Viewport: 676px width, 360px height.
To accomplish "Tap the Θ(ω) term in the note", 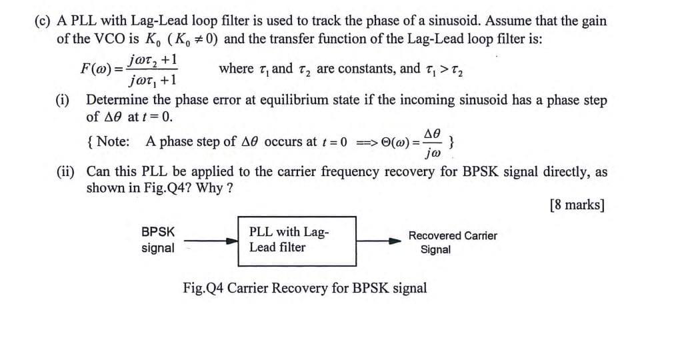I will [x=397, y=143].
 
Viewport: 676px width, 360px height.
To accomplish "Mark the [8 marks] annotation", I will [x=577, y=204].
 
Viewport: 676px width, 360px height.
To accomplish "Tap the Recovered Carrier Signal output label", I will [x=452, y=242].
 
